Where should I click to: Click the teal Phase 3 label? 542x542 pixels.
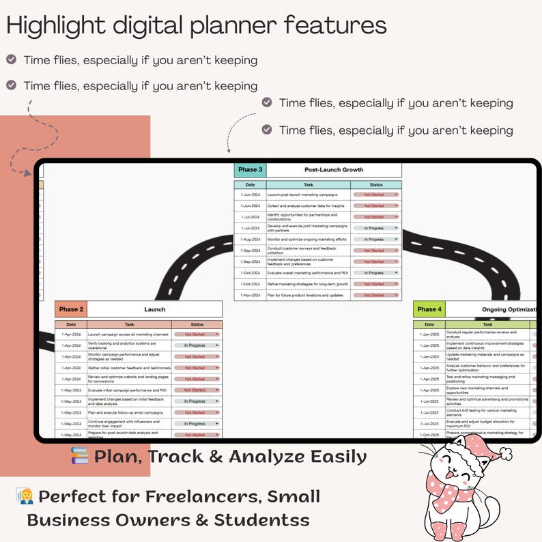[x=250, y=170]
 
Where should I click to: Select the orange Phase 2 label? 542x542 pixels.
[x=71, y=309]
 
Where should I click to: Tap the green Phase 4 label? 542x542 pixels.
[x=429, y=309]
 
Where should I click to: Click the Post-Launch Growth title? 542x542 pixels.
[x=333, y=170]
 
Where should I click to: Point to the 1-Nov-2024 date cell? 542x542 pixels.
[x=251, y=296]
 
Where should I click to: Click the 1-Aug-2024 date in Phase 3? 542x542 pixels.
[x=251, y=240]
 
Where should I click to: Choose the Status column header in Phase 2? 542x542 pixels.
[x=197, y=324]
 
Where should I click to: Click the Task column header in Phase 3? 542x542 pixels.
[x=309, y=185]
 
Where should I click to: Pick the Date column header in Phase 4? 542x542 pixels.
[x=429, y=324]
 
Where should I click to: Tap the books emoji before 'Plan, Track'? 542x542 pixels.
[x=80, y=456]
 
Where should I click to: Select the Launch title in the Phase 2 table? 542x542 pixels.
[x=155, y=309]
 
